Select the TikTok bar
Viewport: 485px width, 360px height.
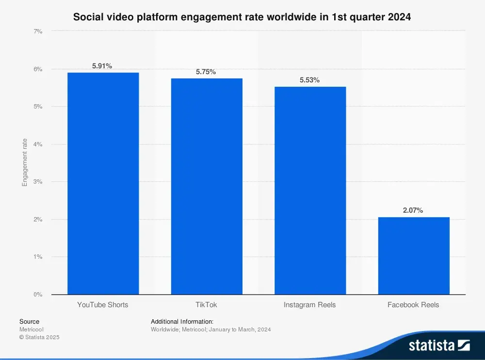207,186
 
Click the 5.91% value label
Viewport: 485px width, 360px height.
102,66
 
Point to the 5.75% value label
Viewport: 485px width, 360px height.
206,72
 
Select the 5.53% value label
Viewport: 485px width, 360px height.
309,80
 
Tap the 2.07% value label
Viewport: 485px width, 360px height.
413,210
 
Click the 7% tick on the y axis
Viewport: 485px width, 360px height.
38,31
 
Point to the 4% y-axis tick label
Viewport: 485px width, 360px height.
38,144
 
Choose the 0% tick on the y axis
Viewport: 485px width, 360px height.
38,294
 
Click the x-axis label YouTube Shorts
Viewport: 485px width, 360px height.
103,305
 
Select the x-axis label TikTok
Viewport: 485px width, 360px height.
207,305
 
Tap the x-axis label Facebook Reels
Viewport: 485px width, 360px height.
413,305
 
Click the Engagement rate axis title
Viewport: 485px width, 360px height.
25,162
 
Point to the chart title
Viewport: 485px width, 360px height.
242,17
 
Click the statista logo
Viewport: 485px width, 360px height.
439,345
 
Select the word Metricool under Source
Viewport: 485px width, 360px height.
32,329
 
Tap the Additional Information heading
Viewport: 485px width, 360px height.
182,321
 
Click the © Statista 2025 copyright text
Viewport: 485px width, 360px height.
39,337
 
